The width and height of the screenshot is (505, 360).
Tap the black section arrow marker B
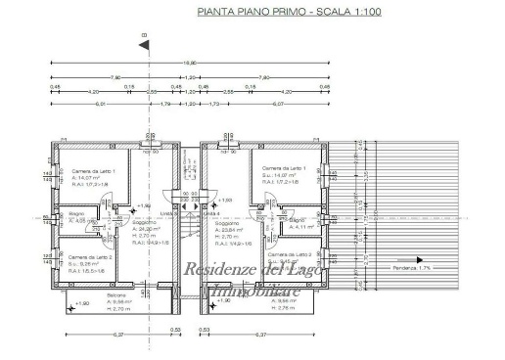pos(144,39)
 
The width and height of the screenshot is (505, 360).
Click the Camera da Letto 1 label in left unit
pos(93,171)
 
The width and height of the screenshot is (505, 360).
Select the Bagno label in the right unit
pos(297,220)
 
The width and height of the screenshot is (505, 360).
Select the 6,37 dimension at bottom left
pos(92,336)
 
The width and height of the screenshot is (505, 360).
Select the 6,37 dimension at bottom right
pos(261,336)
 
